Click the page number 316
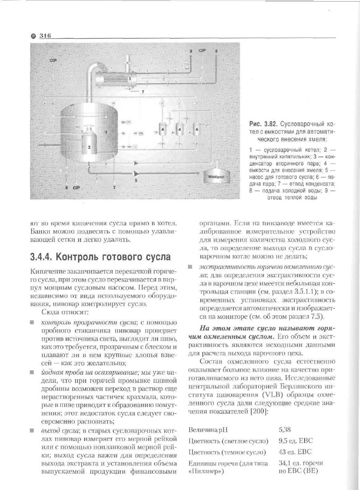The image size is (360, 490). coord(45,36)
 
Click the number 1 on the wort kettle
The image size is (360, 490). coord(106,132)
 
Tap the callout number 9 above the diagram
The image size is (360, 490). coord(191,51)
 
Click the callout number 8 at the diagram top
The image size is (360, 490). coord(216,51)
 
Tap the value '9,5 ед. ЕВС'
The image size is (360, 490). coord(295,441)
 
